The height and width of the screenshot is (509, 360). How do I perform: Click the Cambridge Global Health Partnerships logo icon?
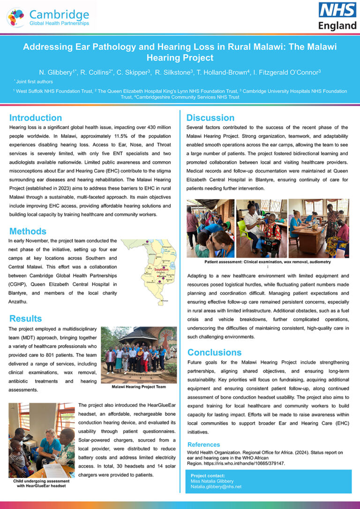point(16,17)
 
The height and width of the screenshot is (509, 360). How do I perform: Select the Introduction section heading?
point(36,118)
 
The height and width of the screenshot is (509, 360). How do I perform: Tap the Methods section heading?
point(28,231)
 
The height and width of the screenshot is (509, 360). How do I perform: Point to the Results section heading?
point(25,319)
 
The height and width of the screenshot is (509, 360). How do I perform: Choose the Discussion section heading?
point(210,118)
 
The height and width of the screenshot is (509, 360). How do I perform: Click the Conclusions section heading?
point(214,352)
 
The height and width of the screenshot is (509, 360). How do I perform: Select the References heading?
point(203,444)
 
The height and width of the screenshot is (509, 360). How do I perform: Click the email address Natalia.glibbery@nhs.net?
point(216,487)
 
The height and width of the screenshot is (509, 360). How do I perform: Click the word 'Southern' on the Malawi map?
point(161,269)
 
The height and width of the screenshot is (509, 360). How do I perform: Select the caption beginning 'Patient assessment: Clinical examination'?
point(268,262)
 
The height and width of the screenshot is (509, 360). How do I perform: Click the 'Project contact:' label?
point(205,476)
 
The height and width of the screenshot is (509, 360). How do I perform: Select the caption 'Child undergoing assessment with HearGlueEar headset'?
point(41,483)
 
